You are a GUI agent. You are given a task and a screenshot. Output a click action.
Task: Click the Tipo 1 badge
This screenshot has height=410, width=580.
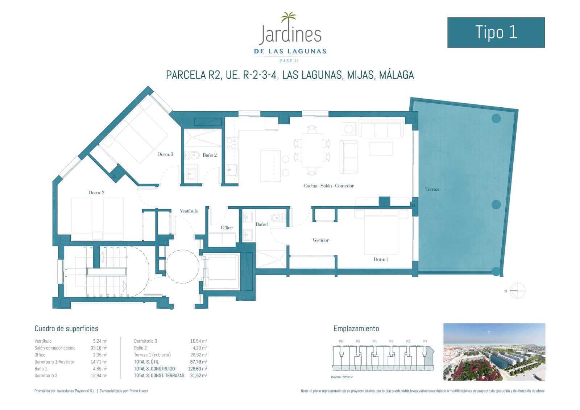(x=496, y=32)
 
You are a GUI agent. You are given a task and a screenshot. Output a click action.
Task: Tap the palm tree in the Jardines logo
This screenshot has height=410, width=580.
(x=289, y=18)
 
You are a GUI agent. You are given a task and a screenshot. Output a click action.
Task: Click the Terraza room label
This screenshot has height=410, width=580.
(x=433, y=189)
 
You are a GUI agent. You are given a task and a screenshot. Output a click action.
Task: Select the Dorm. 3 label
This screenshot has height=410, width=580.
(x=165, y=154)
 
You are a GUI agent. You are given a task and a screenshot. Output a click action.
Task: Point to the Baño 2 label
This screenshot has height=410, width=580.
(x=210, y=155)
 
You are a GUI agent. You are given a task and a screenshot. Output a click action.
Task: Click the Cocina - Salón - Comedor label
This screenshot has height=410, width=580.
(x=328, y=186)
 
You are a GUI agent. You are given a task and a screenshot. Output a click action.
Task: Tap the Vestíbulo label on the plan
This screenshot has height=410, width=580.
(x=189, y=211)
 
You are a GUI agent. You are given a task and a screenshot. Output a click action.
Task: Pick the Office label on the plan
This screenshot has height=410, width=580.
(x=227, y=228)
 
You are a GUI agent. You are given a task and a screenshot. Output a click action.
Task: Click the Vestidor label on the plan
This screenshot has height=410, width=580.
(x=320, y=240)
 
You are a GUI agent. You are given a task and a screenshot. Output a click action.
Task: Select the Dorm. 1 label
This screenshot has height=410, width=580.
(x=381, y=260)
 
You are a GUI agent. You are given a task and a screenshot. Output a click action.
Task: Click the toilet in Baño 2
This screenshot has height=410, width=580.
(x=193, y=155)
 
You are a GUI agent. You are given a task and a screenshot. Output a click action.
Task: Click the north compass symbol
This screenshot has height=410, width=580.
(x=517, y=291)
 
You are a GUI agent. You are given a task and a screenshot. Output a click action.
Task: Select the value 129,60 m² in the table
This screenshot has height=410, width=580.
(x=197, y=369)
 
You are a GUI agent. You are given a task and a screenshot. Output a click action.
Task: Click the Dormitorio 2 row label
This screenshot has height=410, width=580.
(x=46, y=376)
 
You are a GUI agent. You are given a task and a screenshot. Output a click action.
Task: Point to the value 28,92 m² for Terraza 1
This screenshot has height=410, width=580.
(x=198, y=355)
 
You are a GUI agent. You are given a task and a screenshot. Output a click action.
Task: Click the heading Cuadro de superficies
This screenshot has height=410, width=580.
(x=66, y=329)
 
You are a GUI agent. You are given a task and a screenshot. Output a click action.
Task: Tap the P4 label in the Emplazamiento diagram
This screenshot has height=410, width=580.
(x=374, y=341)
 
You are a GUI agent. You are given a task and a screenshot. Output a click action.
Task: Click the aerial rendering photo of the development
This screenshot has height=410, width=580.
(x=494, y=352)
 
